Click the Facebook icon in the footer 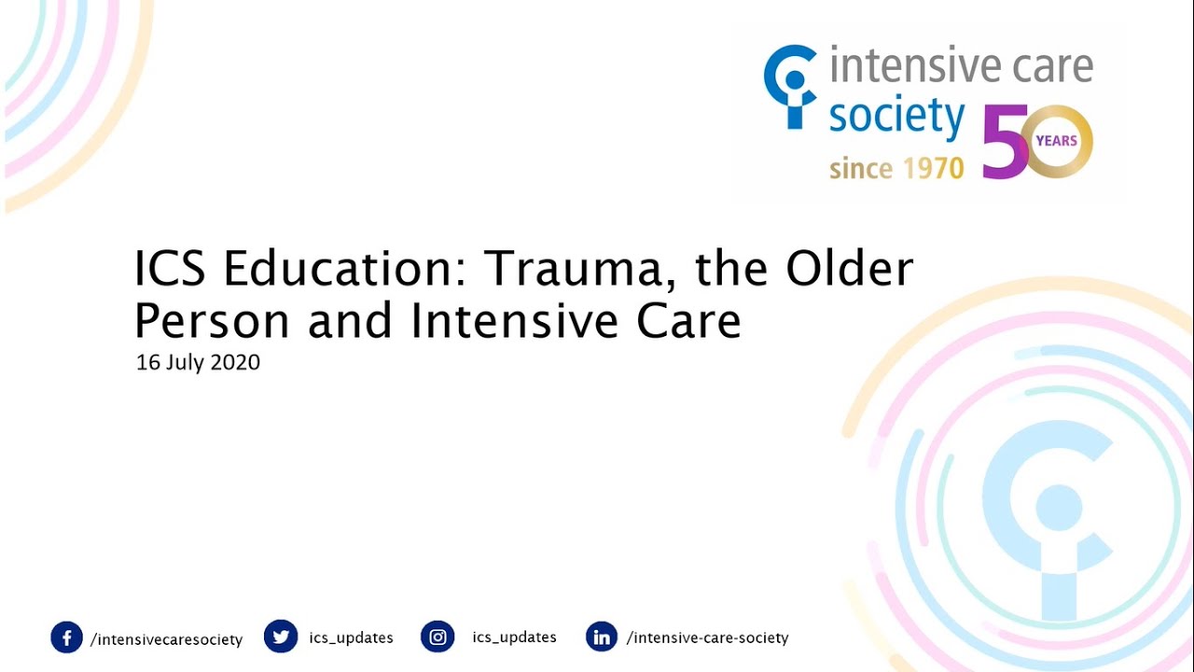[x=66, y=638]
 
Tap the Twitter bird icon [x=280, y=637]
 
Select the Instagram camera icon [x=437, y=637]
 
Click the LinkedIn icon [x=602, y=637]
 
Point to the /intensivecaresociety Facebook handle [x=166, y=639]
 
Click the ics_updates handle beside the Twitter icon [x=351, y=638]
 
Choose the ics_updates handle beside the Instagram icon [x=514, y=637]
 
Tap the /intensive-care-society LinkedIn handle [x=707, y=638]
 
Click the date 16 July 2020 [x=198, y=363]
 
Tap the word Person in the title [x=212, y=321]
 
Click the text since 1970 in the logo [x=895, y=169]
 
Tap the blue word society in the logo [x=895, y=119]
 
